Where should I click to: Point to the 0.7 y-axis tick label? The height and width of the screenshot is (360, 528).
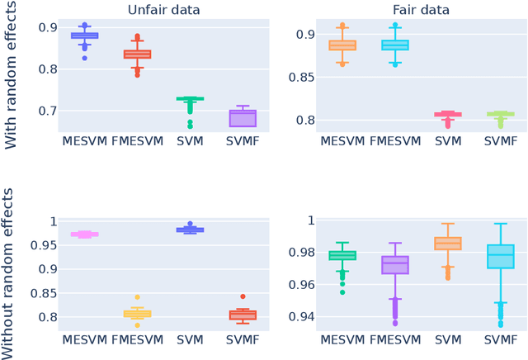tap(40, 111)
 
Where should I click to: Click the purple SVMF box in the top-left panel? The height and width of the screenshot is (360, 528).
tap(241, 118)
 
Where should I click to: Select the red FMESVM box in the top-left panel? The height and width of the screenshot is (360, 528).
tap(137, 54)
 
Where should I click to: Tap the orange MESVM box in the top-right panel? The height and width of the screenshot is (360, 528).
tap(342, 45)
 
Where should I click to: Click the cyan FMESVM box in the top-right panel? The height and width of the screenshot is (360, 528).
tap(394, 45)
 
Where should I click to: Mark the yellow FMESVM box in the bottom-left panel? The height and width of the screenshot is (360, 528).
tap(137, 314)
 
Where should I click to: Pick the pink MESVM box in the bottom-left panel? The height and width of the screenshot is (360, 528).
tap(85, 234)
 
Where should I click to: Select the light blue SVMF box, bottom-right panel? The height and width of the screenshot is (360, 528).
tap(500, 256)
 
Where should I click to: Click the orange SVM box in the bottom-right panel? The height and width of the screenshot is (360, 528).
tap(448, 244)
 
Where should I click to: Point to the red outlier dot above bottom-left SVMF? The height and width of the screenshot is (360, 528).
tap(242, 296)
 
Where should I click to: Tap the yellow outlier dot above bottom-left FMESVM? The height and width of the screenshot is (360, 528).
tap(137, 297)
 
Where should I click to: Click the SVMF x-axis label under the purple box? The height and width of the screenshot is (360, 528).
tap(241, 141)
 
